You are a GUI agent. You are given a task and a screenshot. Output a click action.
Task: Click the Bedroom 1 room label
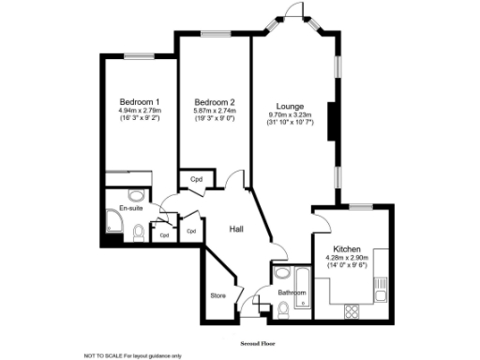pyautogui.click(x=138, y=101)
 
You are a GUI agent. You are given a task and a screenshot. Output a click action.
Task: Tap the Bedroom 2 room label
pyautogui.click(x=214, y=101)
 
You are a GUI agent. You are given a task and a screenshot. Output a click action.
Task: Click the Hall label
pyautogui.click(x=239, y=228)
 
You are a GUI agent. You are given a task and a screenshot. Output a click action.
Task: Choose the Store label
pyautogui.click(x=217, y=295)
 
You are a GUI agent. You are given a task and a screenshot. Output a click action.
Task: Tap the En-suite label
pyautogui.click(x=130, y=208)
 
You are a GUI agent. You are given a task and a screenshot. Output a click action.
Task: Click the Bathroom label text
pyautogui.click(x=292, y=292)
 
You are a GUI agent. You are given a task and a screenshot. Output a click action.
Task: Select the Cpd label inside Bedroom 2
pyautogui.click(x=197, y=179)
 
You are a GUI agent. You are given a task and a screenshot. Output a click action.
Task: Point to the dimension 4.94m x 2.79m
pyautogui.click(x=138, y=111)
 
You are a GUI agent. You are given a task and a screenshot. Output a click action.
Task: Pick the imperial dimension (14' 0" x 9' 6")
pyautogui.click(x=349, y=266)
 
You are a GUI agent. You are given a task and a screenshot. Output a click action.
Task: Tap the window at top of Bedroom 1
pyautogui.click(x=140, y=54)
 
